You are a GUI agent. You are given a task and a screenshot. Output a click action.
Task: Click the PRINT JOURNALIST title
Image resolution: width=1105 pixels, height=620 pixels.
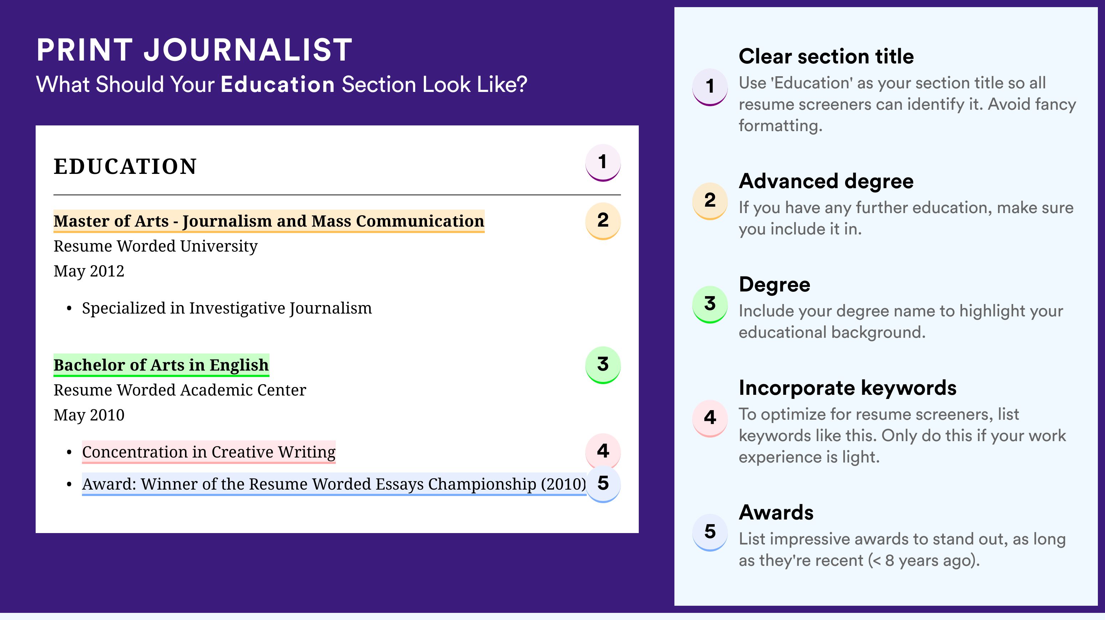(x=194, y=50)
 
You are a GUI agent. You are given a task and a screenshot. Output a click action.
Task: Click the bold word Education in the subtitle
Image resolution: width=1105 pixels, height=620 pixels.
(x=278, y=84)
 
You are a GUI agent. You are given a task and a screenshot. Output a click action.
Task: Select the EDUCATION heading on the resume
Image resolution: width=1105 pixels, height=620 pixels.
(x=125, y=166)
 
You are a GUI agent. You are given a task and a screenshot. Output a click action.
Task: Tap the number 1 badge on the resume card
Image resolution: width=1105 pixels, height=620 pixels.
(x=603, y=162)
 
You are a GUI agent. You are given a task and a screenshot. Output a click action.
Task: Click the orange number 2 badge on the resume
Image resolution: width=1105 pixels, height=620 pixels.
(x=603, y=221)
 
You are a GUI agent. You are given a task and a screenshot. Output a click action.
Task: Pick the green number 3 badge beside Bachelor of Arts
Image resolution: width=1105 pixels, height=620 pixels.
(x=603, y=365)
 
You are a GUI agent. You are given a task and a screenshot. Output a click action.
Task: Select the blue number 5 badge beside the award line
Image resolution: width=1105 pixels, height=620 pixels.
(x=603, y=484)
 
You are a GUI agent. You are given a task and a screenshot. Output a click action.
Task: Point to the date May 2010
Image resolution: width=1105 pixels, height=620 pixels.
(x=89, y=415)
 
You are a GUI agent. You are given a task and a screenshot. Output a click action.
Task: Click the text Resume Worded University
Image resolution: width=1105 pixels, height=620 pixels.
(x=155, y=247)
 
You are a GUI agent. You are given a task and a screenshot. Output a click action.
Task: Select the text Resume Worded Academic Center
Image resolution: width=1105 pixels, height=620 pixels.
(x=180, y=390)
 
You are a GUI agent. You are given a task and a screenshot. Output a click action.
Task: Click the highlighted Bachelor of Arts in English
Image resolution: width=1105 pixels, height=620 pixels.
(x=161, y=365)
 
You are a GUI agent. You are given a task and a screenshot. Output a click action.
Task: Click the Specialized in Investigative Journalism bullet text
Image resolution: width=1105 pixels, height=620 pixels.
(x=227, y=308)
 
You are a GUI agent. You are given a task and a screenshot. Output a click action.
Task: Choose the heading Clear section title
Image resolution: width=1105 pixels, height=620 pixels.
(x=826, y=56)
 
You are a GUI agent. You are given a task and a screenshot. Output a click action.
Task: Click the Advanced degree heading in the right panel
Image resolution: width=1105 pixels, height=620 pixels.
(x=826, y=181)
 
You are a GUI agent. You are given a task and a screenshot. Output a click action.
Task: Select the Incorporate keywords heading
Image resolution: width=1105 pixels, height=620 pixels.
(x=848, y=388)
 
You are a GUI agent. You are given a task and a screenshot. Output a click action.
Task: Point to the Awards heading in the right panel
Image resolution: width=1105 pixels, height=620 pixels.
(x=776, y=512)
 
